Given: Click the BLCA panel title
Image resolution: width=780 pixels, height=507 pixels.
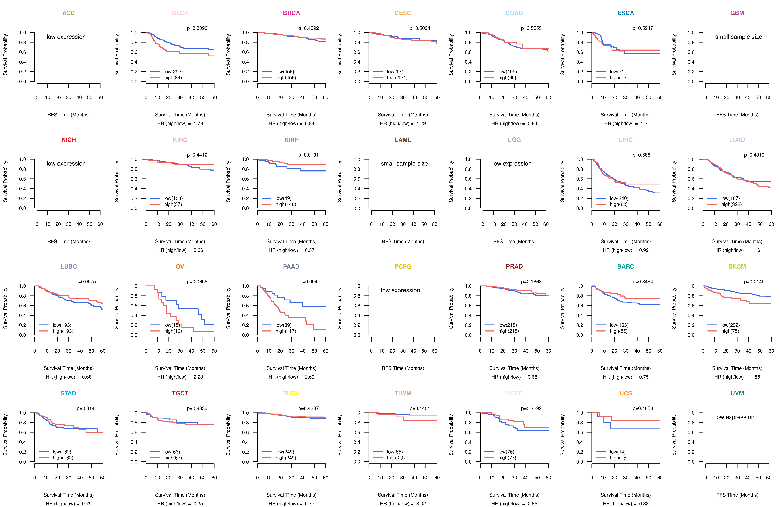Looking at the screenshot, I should [x=180, y=13].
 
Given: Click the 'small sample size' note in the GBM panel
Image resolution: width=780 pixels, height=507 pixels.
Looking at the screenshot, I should [x=738, y=37].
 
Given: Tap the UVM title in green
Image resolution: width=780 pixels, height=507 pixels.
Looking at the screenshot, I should [x=737, y=393].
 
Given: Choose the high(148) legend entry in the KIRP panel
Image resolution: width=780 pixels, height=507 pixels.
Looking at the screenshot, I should [x=285, y=204].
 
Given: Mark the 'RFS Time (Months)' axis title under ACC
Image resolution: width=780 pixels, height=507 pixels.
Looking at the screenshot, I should [x=69, y=115].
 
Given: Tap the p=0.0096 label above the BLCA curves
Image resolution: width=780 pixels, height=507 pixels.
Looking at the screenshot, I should [x=197, y=28].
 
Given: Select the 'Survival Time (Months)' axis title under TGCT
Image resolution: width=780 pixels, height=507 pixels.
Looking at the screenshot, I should [x=180, y=495].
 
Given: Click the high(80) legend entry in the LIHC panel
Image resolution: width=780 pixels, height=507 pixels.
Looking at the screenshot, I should [x=618, y=204].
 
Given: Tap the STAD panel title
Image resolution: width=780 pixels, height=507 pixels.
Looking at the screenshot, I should [x=68, y=393].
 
